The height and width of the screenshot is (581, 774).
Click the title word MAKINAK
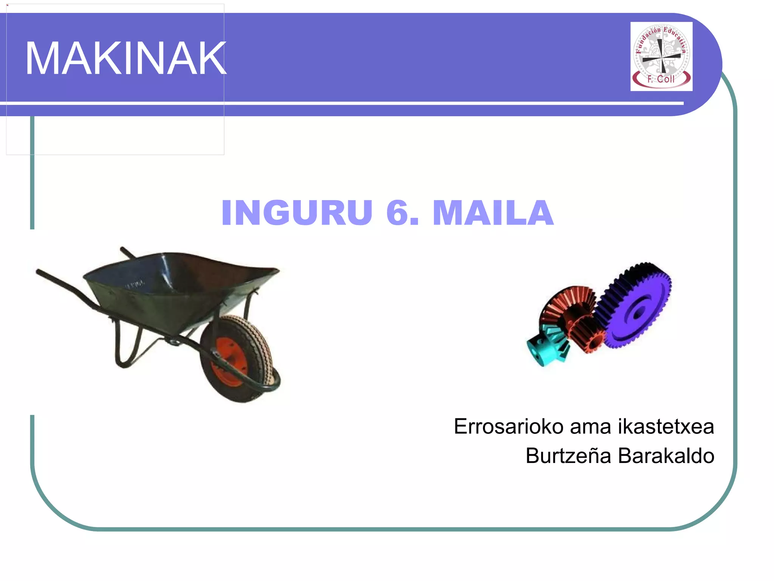(125, 59)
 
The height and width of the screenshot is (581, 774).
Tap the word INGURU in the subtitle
(297, 213)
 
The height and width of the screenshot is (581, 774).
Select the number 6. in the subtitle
(402, 213)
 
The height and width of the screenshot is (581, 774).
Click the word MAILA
(493, 213)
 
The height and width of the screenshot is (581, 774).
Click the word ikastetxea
(666, 427)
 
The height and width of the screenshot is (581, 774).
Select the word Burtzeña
(568, 456)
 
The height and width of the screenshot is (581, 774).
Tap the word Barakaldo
(666, 456)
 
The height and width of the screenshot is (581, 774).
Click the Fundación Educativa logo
(661, 56)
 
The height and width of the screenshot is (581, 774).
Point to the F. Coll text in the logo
(661, 79)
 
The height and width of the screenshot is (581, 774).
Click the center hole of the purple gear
(638, 313)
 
